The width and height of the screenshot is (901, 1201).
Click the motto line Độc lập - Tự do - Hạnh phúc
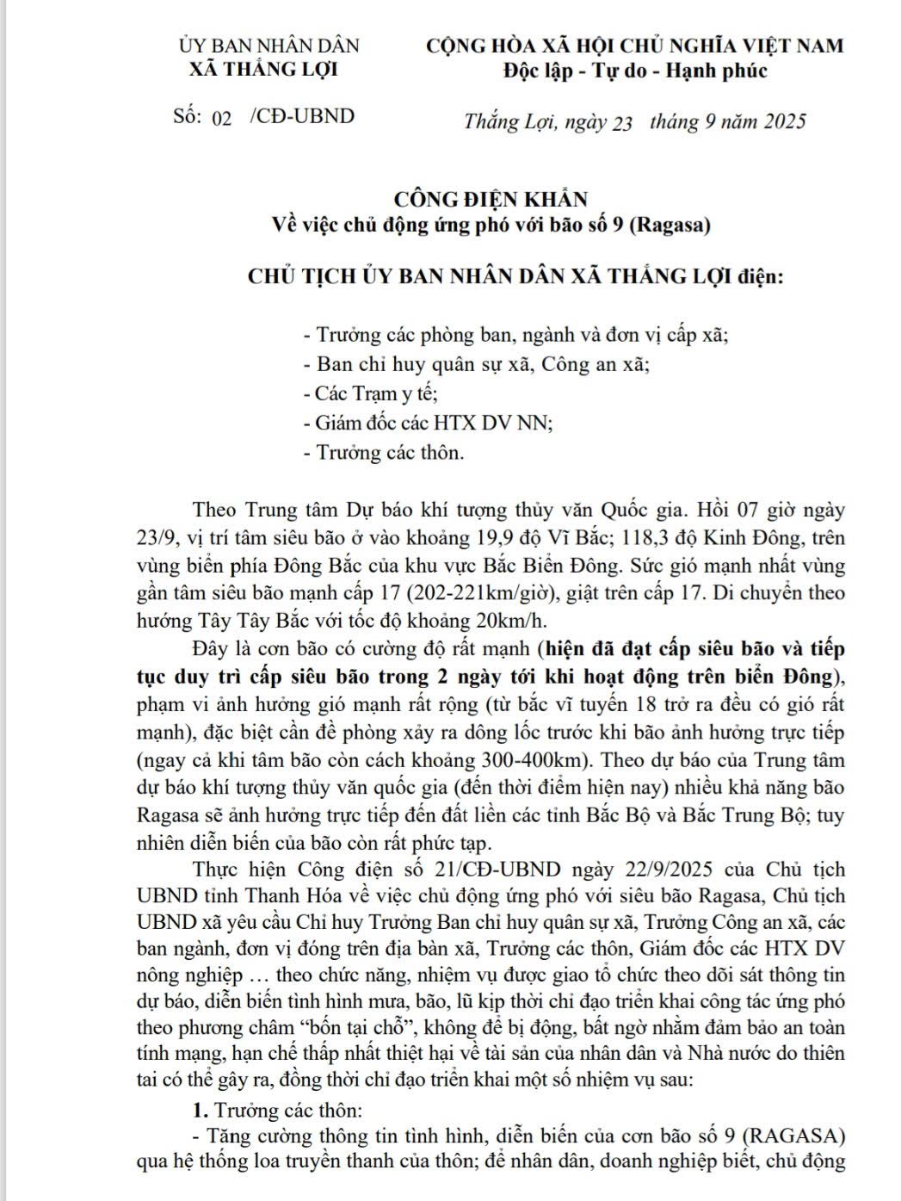coord(635,71)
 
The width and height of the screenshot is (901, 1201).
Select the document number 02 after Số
coord(222,119)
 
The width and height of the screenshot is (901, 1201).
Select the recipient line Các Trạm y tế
coord(371,393)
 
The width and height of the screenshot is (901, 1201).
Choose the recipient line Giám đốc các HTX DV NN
coord(428,423)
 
